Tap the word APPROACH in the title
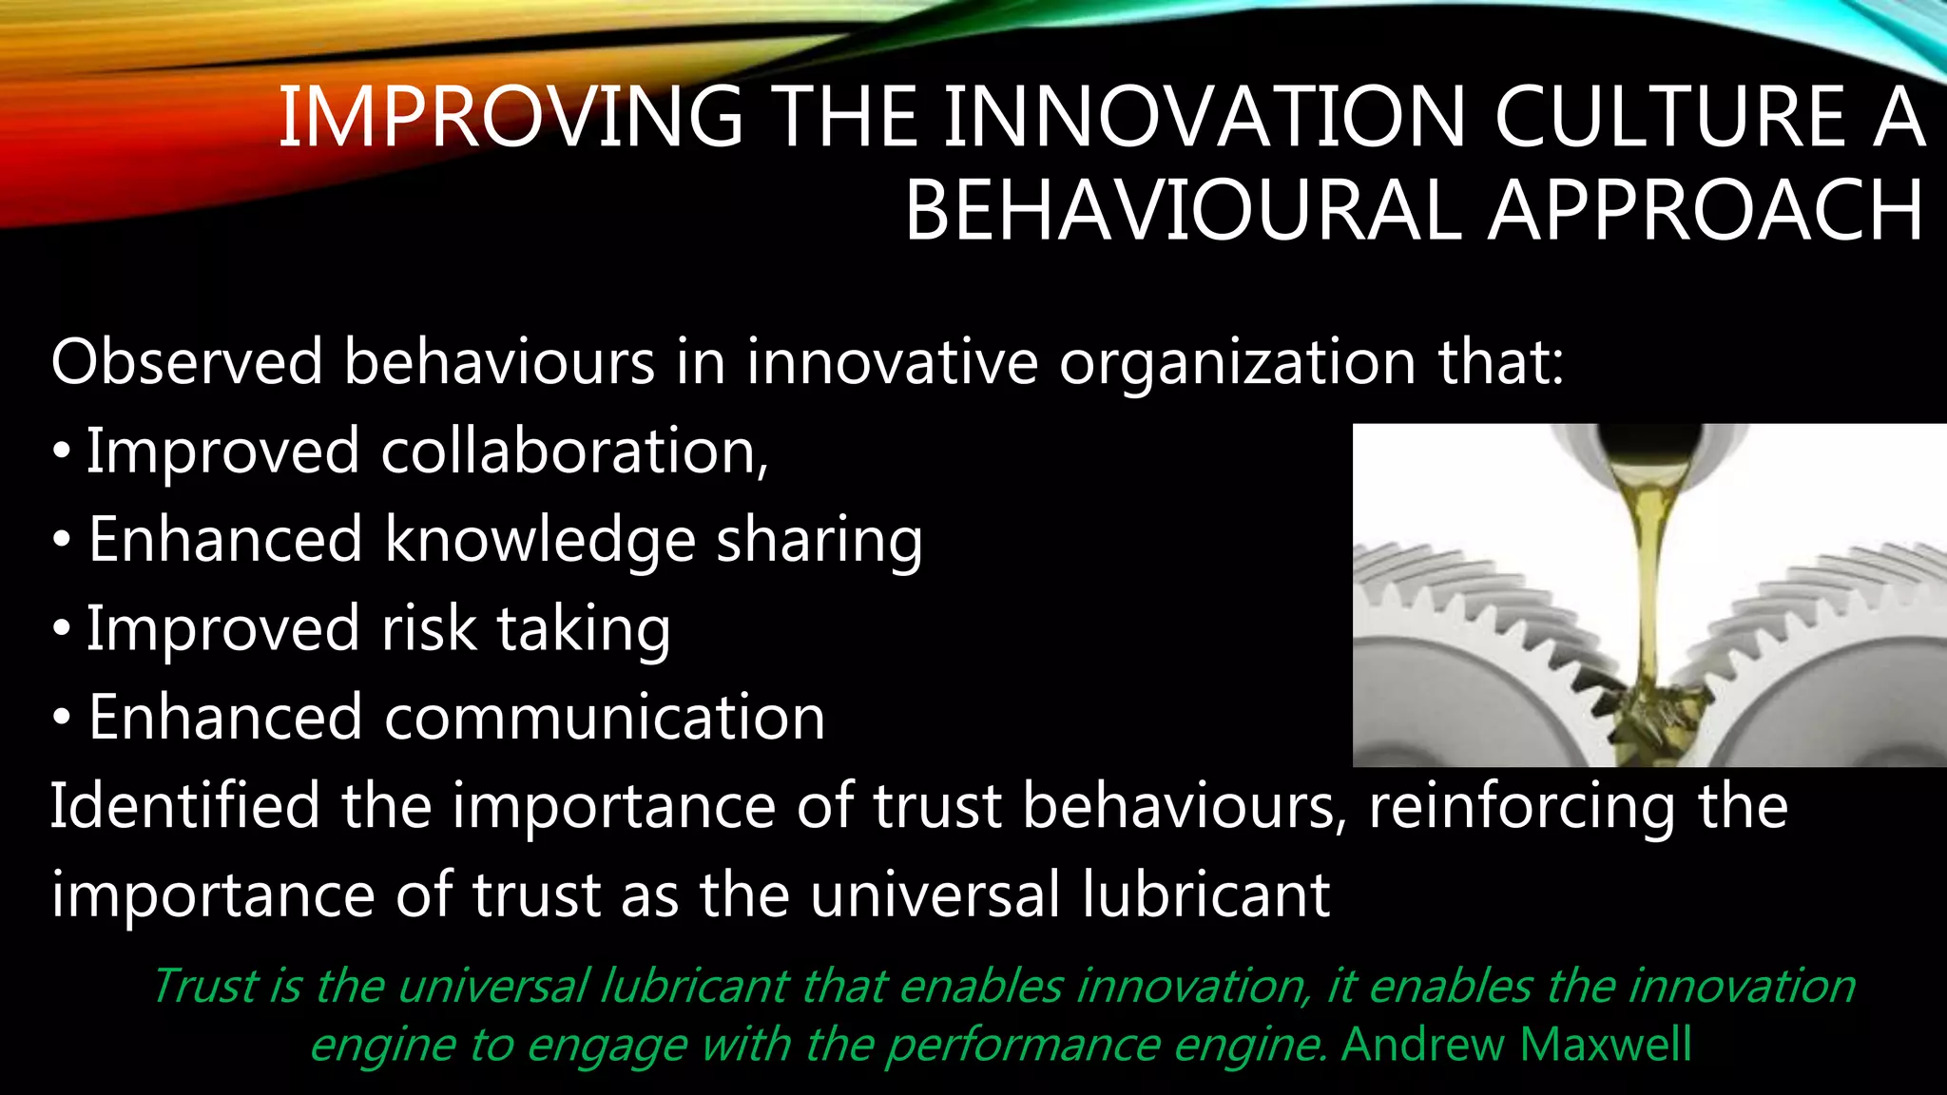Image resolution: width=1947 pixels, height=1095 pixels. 1706,211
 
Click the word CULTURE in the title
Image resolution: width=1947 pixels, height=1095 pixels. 1669,118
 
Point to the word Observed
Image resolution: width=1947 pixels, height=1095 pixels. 187,362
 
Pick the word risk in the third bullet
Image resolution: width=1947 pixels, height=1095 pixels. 429,629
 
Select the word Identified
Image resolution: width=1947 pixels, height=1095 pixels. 184,806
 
